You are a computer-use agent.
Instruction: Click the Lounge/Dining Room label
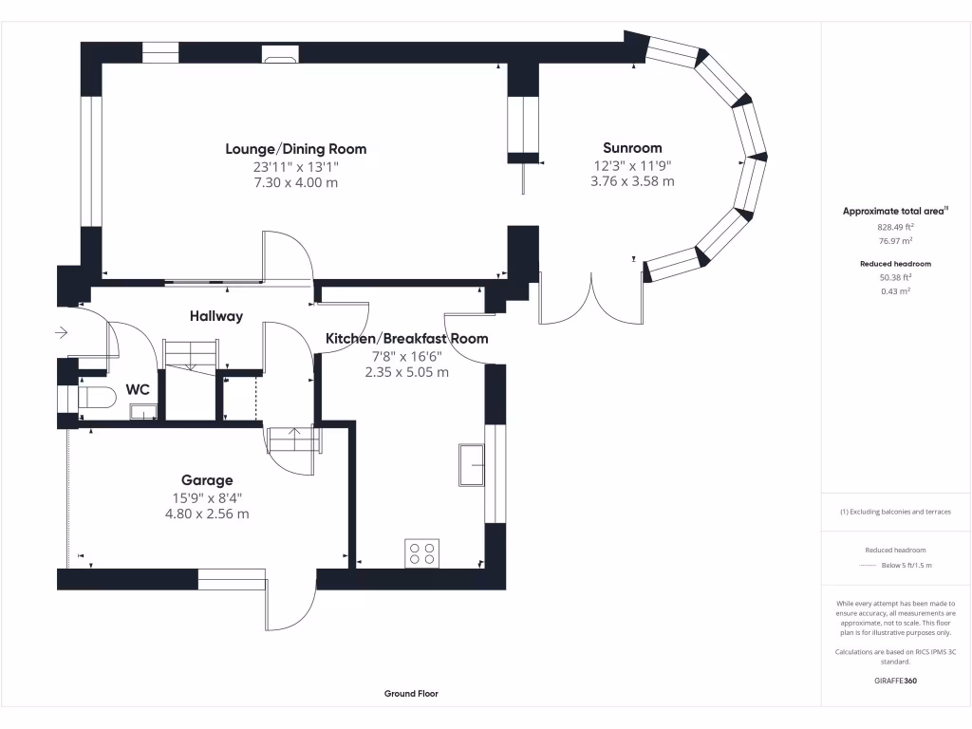295,149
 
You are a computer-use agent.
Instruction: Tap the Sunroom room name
632,148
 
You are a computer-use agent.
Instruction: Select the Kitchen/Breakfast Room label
406,339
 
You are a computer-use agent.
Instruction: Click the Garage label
207,480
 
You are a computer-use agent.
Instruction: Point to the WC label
137,389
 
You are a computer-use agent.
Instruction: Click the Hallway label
215,316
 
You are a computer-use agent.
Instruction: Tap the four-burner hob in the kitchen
422,552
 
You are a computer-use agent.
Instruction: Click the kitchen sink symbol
471,464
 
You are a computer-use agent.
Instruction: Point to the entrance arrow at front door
62,332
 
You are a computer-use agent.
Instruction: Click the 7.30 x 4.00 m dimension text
295,182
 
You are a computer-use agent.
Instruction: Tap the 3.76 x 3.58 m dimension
632,180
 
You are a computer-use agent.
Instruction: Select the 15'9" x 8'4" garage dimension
207,497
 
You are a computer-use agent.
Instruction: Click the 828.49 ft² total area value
895,228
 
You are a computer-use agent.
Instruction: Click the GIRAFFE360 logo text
895,681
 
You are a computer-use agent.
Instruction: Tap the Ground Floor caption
411,694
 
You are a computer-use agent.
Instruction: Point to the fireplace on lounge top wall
280,59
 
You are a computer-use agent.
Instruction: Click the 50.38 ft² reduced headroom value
895,278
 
